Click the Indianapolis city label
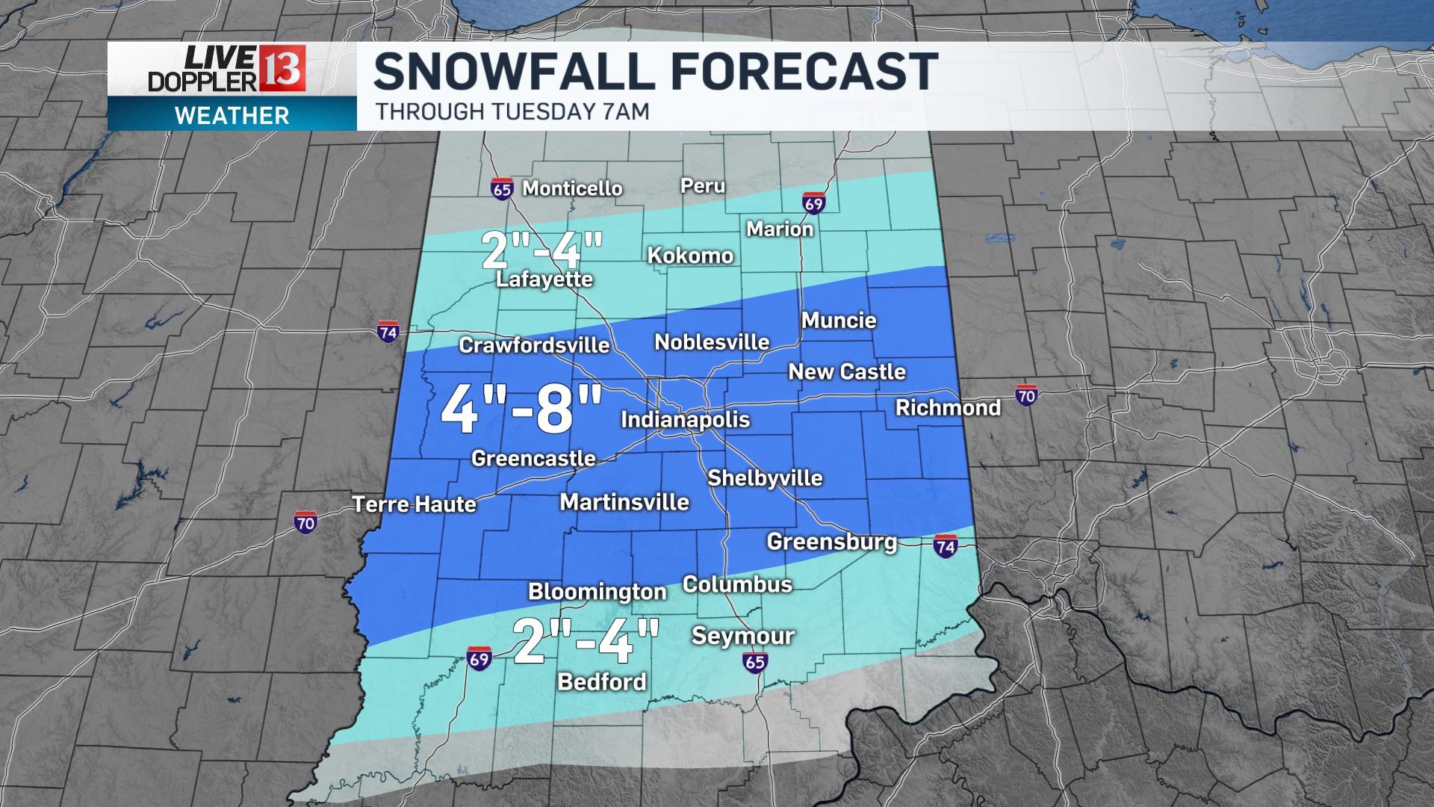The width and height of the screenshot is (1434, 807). pyautogui.click(x=685, y=420)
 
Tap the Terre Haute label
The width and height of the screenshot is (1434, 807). pyautogui.click(x=414, y=504)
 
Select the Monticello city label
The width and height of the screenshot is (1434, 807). pyautogui.click(x=572, y=188)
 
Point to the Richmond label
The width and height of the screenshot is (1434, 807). pyautogui.click(x=948, y=408)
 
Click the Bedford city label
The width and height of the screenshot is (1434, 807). pyautogui.click(x=602, y=681)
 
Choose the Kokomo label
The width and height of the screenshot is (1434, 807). pyautogui.click(x=690, y=256)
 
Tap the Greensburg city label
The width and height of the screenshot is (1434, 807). pyautogui.click(x=831, y=542)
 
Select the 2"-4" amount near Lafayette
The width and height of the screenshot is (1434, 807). pyautogui.click(x=541, y=250)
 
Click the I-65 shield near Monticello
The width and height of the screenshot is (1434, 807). pyautogui.click(x=502, y=189)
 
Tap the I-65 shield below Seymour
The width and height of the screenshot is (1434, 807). pyautogui.click(x=755, y=661)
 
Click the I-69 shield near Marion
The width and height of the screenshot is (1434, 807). pyautogui.click(x=814, y=203)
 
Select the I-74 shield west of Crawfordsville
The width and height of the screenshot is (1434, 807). pyautogui.click(x=388, y=333)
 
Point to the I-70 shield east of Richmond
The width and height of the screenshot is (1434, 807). pyautogui.click(x=1026, y=395)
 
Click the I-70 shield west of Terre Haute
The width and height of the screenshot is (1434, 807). pyautogui.click(x=305, y=522)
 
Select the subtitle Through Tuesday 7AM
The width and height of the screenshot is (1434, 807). pyautogui.click(x=512, y=112)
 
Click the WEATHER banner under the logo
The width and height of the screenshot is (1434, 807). pyautogui.click(x=232, y=116)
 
